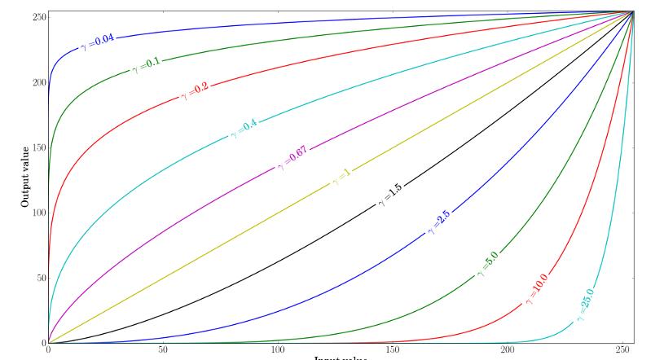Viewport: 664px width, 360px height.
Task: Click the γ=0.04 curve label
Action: click(x=99, y=43)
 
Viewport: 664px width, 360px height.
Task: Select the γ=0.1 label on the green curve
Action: click(x=147, y=65)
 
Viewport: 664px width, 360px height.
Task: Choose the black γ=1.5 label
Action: click(x=387, y=195)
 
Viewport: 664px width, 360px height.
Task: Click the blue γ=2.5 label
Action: click(x=438, y=222)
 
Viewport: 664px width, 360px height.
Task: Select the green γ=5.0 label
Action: click(x=488, y=265)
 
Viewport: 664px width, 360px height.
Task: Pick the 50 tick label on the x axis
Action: click(x=163, y=350)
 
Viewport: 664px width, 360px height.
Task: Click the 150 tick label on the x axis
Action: click(x=393, y=350)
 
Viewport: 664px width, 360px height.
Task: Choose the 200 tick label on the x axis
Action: click(x=508, y=350)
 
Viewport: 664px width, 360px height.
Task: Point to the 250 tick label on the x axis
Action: click(x=622, y=350)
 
